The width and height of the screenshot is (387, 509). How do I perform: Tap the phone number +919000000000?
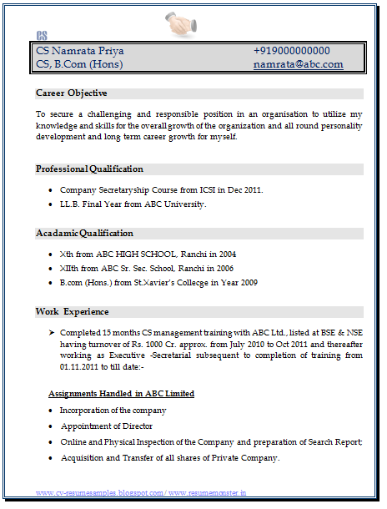click(x=291, y=51)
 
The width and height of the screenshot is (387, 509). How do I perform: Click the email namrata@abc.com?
click(x=298, y=64)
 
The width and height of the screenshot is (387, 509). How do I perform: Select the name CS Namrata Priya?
click(x=80, y=51)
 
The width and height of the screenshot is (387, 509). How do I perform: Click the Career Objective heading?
click(x=71, y=93)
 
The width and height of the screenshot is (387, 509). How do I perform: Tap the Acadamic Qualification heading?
click(x=84, y=233)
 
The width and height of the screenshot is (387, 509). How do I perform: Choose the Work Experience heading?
click(x=72, y=311)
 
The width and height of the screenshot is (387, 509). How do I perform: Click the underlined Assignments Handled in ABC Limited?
click(x=121, y=393)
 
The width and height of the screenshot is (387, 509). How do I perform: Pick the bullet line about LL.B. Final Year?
click(x=133, y=204)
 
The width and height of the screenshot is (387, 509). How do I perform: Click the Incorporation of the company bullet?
click(x=113, y=411)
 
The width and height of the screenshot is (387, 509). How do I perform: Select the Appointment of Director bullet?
click(x=107, y=426)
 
